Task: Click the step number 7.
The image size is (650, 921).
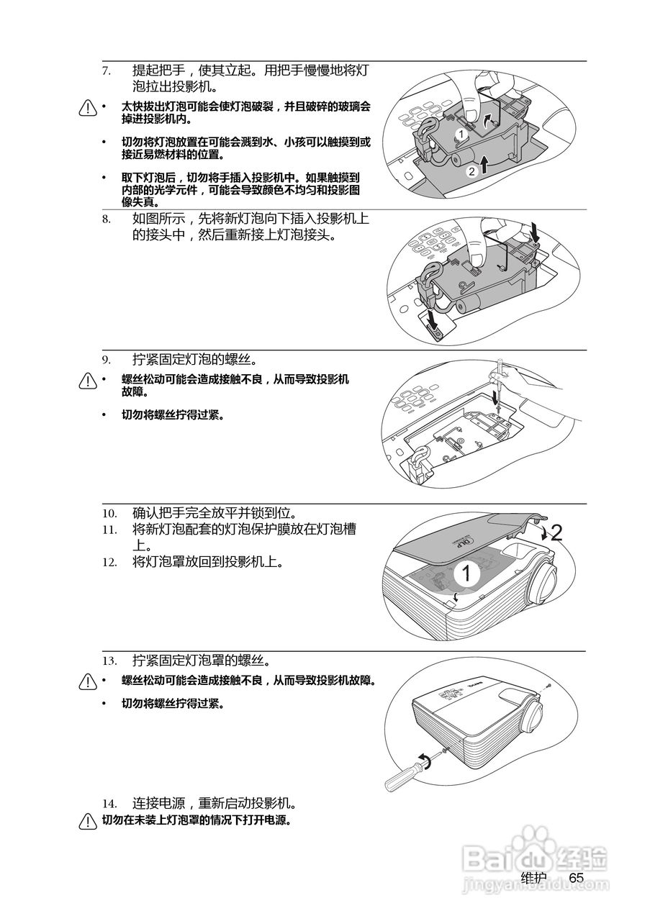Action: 106,71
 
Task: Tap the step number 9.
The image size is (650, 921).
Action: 106,359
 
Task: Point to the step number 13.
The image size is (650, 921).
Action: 109,660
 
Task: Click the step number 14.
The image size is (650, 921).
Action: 109,803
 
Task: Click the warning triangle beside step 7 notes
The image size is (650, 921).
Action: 88,108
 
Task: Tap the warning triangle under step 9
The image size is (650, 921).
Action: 88,381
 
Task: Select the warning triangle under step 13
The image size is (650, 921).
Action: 88,681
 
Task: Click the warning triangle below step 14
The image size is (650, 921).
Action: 88,821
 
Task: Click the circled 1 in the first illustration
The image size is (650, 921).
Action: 460,134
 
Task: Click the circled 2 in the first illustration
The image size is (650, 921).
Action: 471,171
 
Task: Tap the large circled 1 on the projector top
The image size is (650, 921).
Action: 466,573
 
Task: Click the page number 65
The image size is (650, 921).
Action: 576,878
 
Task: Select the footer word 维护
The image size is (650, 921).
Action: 533,878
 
